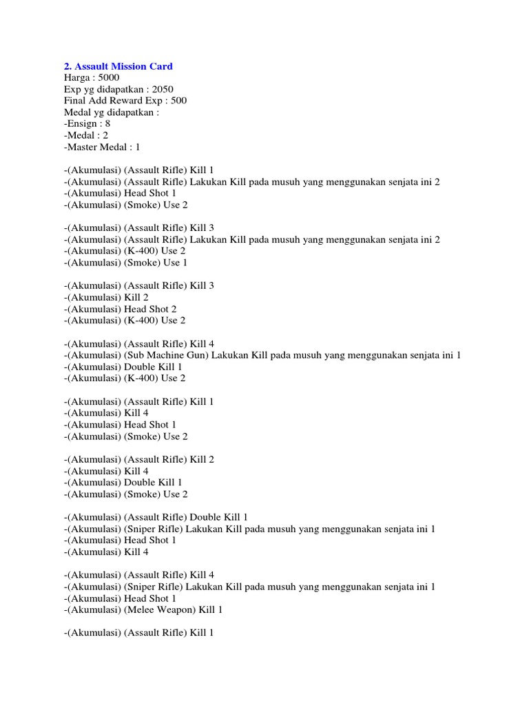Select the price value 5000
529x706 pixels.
(x=109, y=78)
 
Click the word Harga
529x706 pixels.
(x=77, y=78)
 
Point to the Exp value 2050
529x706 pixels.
(x=161, y=90)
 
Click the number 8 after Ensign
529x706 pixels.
(x=107, y=124)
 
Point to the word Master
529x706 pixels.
(x=83, y=147)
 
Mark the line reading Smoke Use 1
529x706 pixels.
(x=126, y=263)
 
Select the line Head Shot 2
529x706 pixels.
(x=121, y=309)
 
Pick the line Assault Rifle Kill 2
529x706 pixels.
(x=139, y=459)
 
